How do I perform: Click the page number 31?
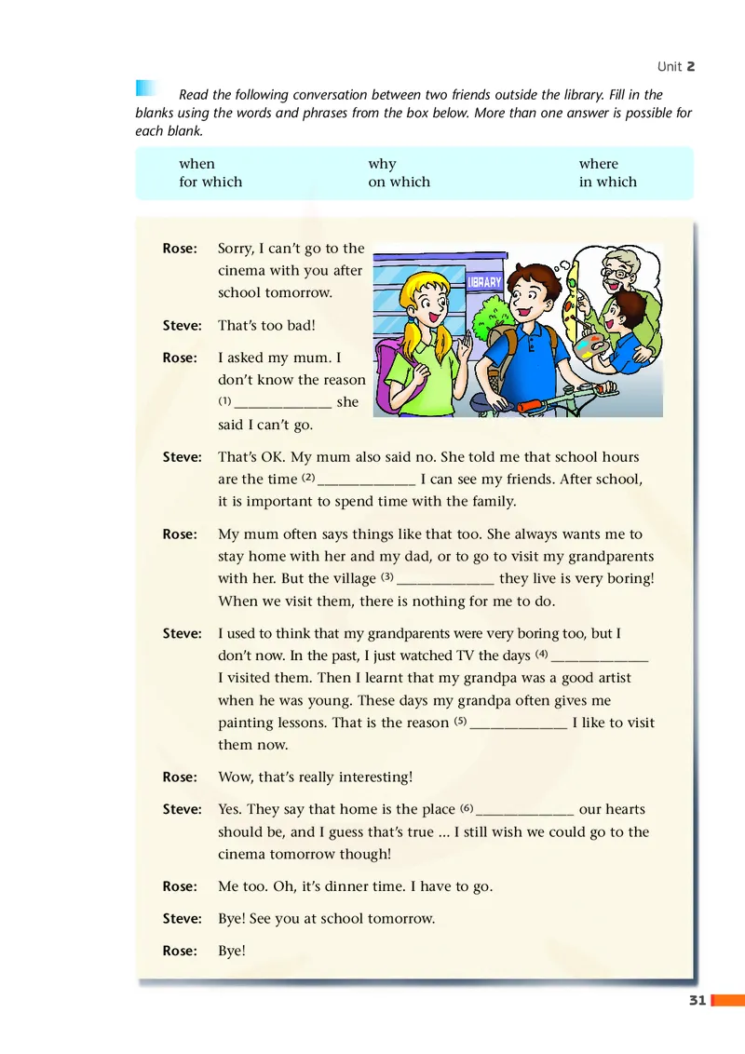tap(695, 1001)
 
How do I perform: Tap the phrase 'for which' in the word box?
tap(210, 182)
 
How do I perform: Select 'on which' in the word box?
tap(400, 182)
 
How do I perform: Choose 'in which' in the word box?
tap(608, 182)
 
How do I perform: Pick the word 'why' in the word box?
tap(382, 164)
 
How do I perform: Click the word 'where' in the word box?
tap(599, 164)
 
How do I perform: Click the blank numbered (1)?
tap(283, 404)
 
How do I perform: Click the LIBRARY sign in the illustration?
tap(484, 282)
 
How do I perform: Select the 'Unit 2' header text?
tap(676, 66)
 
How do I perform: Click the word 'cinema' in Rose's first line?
tap(241, 271)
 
